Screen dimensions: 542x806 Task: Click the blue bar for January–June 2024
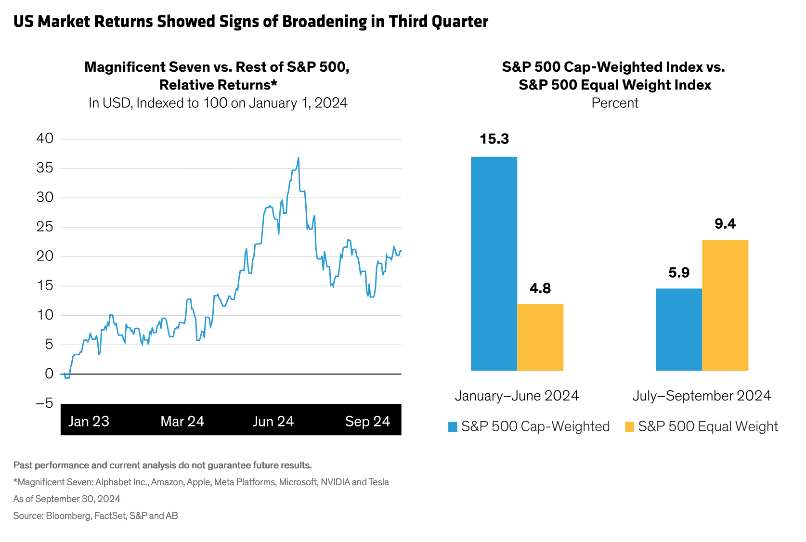tap(494, 263)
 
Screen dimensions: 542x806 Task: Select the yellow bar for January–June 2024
tap(540, 337)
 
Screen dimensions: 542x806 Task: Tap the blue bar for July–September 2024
tap(678, 329)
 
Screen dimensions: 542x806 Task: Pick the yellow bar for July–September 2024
tap(725, 305)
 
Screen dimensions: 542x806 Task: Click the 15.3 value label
tap(494, 139)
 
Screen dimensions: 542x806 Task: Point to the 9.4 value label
tap(725, 224)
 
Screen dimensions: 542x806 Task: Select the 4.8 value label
tap(540, 288)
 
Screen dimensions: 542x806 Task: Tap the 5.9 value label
tap(678, 273)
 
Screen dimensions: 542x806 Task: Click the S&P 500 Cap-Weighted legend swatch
tap(453, 426)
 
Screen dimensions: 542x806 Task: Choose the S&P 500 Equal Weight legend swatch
tap(629, 426)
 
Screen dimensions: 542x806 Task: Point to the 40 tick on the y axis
tap(45, 139)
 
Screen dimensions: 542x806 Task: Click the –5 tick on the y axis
tap(45, 403)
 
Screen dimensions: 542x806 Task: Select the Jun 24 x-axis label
tap(273, 421)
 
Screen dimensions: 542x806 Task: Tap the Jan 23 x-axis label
tap(89, 421)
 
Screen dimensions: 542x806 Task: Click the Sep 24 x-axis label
tap(367, 421)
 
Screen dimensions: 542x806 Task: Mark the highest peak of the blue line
tap(299, 157)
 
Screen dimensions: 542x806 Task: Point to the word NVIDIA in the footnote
tap(335, 482)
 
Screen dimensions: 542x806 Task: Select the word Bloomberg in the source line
tap(68, 516)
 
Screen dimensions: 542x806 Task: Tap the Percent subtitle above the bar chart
tap(615, 103)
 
